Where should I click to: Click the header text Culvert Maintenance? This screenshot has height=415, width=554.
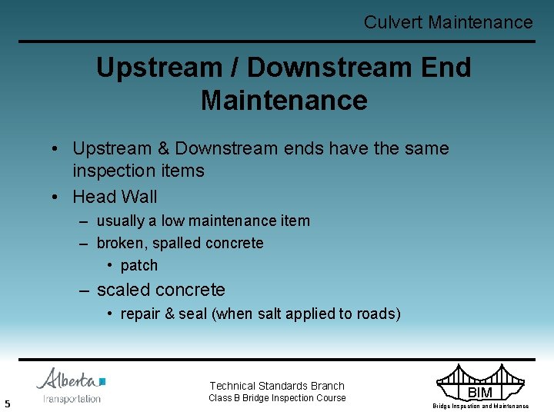[448, 22]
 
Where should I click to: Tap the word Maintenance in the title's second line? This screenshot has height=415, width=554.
[284, 101]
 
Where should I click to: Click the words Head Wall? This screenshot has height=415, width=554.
[115, 198]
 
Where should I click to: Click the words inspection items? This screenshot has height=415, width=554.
[138, 171]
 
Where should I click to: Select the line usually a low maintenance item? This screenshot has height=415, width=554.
[203, 221]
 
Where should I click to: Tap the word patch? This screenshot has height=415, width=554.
[139, 266]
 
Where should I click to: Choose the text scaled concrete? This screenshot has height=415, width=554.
[161, 290]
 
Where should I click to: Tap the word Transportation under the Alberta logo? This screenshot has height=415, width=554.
[72, 399]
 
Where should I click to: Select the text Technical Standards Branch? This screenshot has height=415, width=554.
[277, 386]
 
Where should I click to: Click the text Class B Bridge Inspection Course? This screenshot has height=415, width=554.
[277, 398]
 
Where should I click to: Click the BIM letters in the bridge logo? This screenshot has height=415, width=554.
[480, 393]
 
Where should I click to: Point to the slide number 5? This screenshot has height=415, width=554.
[7, 403]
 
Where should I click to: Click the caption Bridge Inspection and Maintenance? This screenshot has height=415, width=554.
[480, 406]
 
